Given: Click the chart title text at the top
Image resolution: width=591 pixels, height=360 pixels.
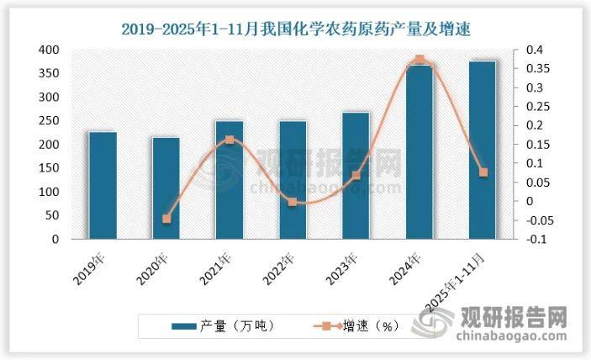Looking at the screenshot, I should click(295, 29).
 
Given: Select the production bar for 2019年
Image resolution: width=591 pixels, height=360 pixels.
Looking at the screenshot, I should click(103, 185).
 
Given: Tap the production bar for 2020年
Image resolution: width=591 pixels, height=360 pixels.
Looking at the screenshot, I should click(166, 188).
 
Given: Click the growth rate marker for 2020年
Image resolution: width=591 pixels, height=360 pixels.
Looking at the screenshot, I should click(166, 219).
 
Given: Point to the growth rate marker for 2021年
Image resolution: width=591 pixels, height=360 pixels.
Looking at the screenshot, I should click(230, 140).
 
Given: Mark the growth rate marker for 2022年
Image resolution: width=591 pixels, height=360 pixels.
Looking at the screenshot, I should click(293, 202).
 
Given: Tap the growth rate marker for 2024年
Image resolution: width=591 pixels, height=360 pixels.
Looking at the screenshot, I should click(420, 60).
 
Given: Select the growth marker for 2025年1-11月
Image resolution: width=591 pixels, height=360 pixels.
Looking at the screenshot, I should click(483, 172).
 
